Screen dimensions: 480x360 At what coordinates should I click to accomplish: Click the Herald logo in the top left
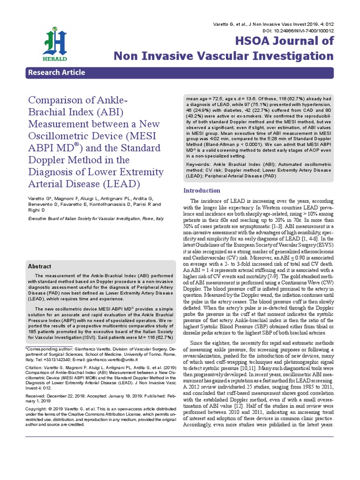(56, 43)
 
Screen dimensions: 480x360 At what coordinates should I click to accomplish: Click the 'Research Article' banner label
(57, 73)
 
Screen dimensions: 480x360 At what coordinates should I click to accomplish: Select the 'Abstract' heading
(40, 266)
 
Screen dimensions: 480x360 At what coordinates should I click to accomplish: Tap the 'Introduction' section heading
(202, 191)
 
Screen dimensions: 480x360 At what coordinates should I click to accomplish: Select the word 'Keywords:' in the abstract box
(199, 165)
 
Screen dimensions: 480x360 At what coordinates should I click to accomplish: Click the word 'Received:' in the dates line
(36, 409)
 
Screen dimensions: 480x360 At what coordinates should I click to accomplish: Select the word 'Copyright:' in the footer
(37, 420)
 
